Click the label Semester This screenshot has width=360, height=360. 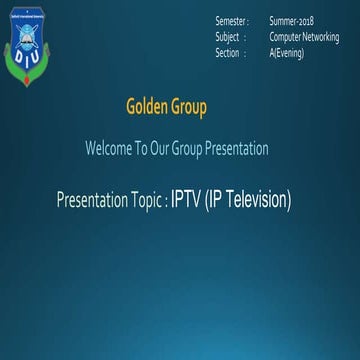click(232, 21)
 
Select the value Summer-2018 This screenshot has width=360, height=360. click(292, 21)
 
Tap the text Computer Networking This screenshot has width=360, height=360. click(304, 37)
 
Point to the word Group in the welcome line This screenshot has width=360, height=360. click(190, 149)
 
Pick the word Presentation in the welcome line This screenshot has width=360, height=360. click(238, 149)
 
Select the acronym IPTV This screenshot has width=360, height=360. click(185, 200)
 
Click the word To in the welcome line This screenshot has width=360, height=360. click(139, 149)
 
